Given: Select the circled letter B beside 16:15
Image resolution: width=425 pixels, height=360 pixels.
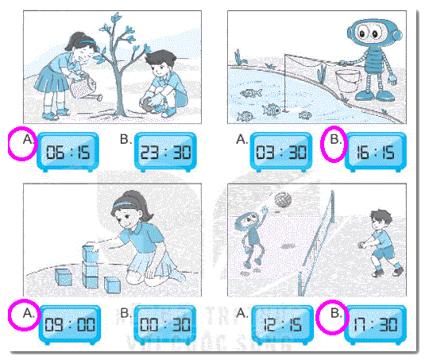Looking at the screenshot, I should click(334, 142).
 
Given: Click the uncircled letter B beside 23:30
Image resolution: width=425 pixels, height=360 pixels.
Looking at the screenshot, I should click(125, 141).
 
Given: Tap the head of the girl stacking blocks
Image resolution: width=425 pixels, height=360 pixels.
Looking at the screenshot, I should click(131, 211).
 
